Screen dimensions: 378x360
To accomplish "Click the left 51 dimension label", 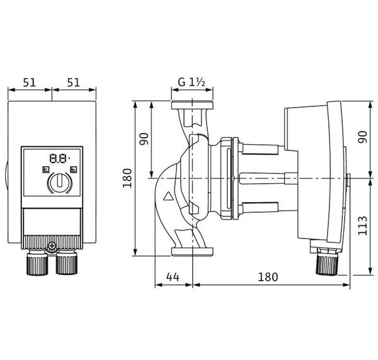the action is click(x=29, y=82).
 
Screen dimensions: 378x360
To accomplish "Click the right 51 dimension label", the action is click(x=73, y=82).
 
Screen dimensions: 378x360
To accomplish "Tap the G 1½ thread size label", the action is click(x=192, y=82).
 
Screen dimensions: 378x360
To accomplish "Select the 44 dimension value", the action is click(x=173, y=277).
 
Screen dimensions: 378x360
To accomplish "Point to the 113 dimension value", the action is click(x=362, y=226).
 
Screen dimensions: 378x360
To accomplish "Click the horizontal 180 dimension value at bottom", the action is click(x=268, y=277).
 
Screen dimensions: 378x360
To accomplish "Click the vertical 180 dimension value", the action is click(x=127, y=178).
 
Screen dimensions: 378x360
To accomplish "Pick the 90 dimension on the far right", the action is click(x=362, y=137).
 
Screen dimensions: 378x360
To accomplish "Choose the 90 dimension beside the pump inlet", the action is click(x=144, y=139).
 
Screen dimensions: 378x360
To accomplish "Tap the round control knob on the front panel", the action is click(x=60, y=183).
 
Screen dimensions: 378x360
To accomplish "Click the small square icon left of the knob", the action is click(x=45, y=170).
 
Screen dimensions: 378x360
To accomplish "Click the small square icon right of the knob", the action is click(x=74, y=170).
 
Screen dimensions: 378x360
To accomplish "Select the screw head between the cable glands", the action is click(x=52, y=246).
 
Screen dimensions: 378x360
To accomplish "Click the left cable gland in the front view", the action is click(x=37, y=263).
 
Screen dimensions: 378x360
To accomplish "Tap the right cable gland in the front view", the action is click(x=67, y=263).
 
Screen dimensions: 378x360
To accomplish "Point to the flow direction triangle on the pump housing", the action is click(x=168, y=196).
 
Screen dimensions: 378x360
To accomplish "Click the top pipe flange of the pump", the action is click(x=192, y=105).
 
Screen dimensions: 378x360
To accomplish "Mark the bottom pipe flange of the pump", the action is click(x=192, y=251).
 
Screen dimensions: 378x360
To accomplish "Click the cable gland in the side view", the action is click(x=326, y=262).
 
